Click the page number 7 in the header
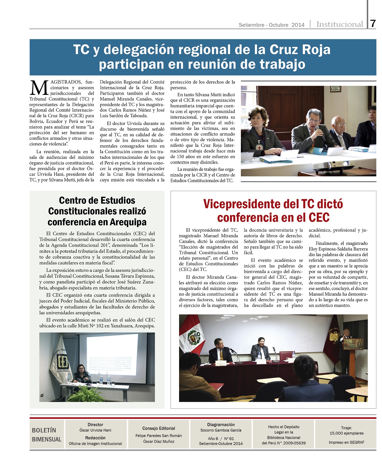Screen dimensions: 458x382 tap(373, 24)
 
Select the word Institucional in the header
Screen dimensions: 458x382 tap(340, 24)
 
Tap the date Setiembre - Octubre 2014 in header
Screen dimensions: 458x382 tap(271, 25)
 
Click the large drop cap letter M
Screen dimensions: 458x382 tap(39, 88)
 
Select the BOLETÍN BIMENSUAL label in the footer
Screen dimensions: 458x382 tap(46, 434)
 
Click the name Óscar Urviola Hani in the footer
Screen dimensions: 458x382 tap(95, 430)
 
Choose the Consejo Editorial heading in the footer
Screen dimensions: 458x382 tap(159, 428)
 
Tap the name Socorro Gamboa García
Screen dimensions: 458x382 tap(221, 430)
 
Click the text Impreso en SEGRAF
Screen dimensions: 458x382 tap(346, 442)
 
